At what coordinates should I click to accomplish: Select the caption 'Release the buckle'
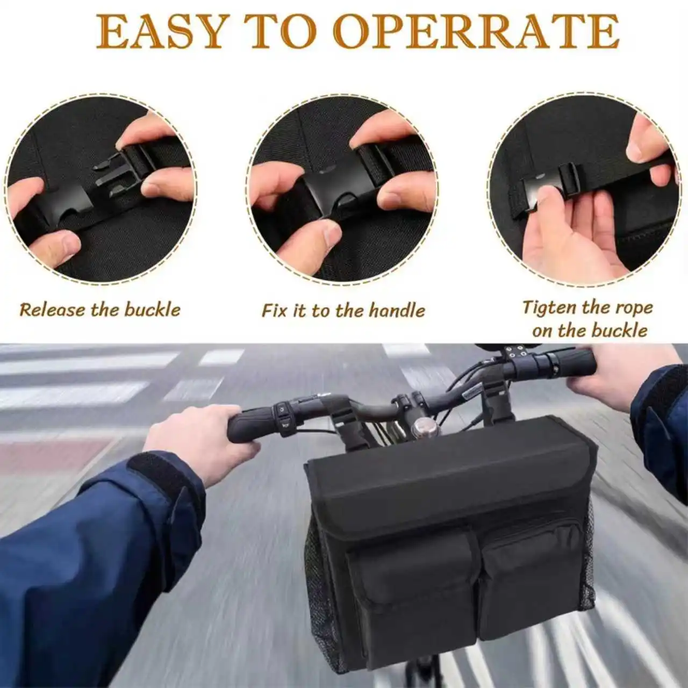(x=101, y=309)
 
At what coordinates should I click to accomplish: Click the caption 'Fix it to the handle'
(x=343, y=310)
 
